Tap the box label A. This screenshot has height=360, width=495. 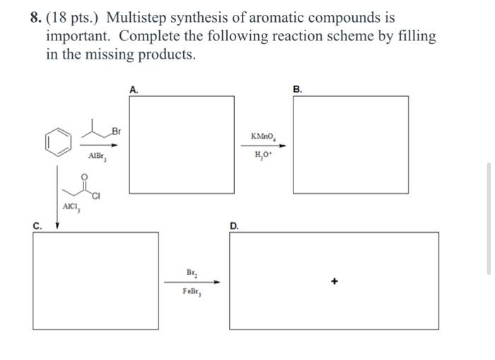[x=134, y=89]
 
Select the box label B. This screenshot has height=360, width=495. [x=298, y=89]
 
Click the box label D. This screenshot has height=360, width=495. [x=234, y=226]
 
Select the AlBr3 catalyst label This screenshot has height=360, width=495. [x=97, y=157]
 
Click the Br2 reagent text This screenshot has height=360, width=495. [x=192, y=272]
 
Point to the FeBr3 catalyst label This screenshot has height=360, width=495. [x=192, y=292]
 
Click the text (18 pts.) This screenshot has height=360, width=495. [x=74, y=18]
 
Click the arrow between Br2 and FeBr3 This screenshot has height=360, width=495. [x=192, y=282]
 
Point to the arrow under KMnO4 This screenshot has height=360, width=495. [x=266, y=146]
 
